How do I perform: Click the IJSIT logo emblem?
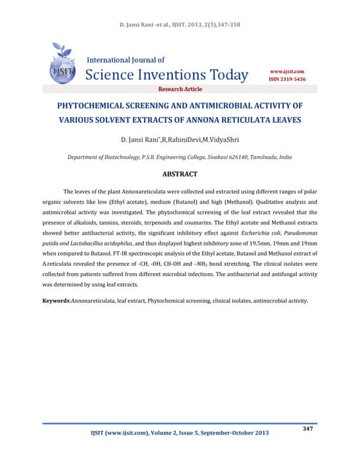click(x=62, y=63)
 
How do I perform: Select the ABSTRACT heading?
click(x=180, y=174)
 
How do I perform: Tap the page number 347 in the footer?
click(x=307, y=429)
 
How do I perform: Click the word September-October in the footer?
click(x=229, y=434)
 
